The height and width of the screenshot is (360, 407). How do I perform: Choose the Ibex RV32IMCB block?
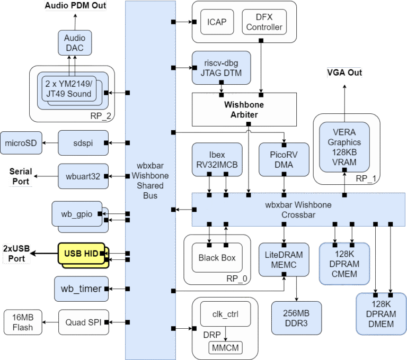[216, 158]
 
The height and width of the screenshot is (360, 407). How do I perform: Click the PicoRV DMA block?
[284, 158]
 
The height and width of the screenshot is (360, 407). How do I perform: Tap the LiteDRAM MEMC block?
[284, 260]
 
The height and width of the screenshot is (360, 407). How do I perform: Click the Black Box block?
[216, 258]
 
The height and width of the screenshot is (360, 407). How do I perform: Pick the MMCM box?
[226, 347]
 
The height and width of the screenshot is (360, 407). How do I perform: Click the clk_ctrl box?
[226, 314]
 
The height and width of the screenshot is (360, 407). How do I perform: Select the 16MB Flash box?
[22, 322]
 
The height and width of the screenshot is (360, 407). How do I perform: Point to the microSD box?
[21, 142]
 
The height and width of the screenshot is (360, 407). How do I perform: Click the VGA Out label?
[343, 72]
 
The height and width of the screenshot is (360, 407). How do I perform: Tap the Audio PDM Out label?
[75, 6]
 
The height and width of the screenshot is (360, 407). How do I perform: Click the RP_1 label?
[366, 178]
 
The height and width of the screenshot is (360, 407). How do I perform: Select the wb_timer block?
[81, 289]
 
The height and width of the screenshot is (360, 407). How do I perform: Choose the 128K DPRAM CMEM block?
[344, 263]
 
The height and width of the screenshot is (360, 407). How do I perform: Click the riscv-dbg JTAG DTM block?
[216, 67]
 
